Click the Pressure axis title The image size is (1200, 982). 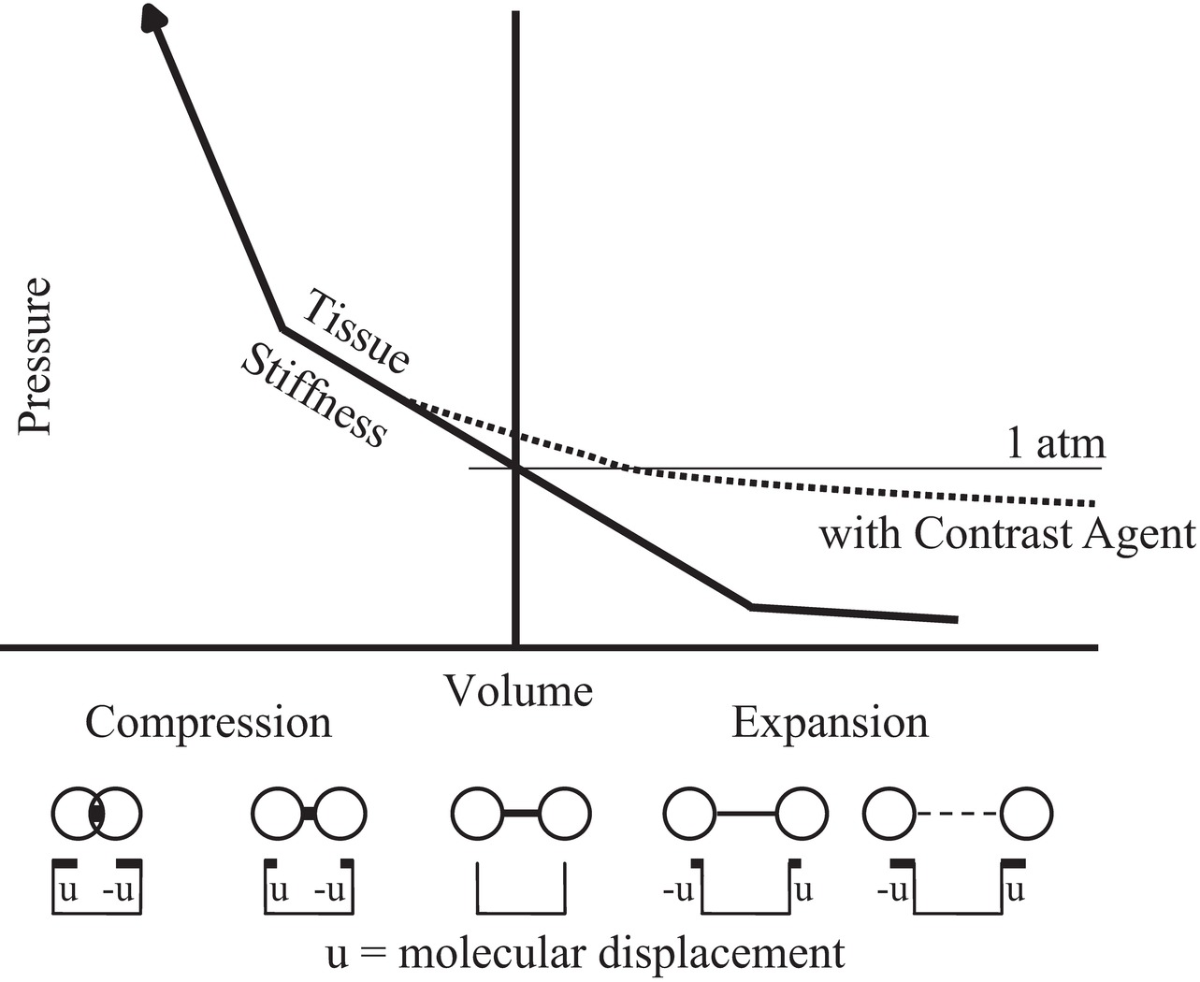pos(35,355)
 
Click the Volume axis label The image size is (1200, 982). pos(518,691)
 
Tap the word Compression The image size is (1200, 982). pos(209,723)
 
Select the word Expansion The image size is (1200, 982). pos(830,723)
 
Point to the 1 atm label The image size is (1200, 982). pos(1055,442)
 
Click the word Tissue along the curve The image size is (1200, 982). pos(356,331)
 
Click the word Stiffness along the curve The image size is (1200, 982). pos(313,396)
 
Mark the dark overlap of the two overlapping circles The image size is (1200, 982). pos(97,813)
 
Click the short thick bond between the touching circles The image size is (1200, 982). pos(308,815)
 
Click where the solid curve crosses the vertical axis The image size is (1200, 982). pos(515,468)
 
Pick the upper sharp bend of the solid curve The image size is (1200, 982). pos(282,328)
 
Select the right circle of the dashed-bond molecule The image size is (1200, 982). pos(1026,814)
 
